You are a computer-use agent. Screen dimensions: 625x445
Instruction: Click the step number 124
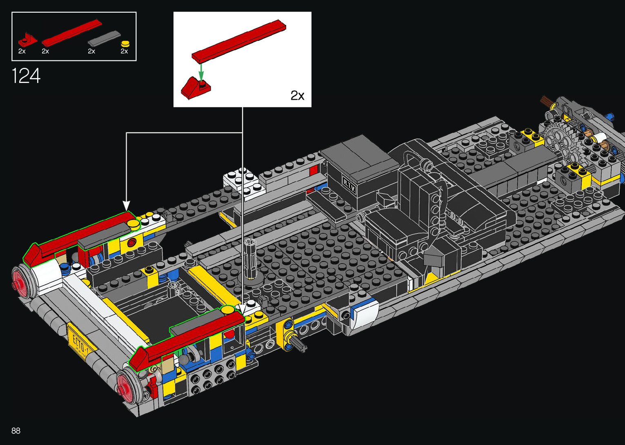[x=26, y=76]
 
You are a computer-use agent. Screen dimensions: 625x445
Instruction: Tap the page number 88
[x=16, y=431]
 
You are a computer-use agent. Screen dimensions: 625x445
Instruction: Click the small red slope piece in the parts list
[x=27, y=40]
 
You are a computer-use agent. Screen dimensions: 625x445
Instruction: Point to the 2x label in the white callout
[x=297, y=96]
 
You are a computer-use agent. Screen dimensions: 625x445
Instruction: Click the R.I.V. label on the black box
[x=349, y=186]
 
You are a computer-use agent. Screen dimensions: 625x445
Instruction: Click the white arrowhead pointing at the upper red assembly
[x=127, y=205]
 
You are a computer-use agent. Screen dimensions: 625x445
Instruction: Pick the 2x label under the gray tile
[x=91, y=51]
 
